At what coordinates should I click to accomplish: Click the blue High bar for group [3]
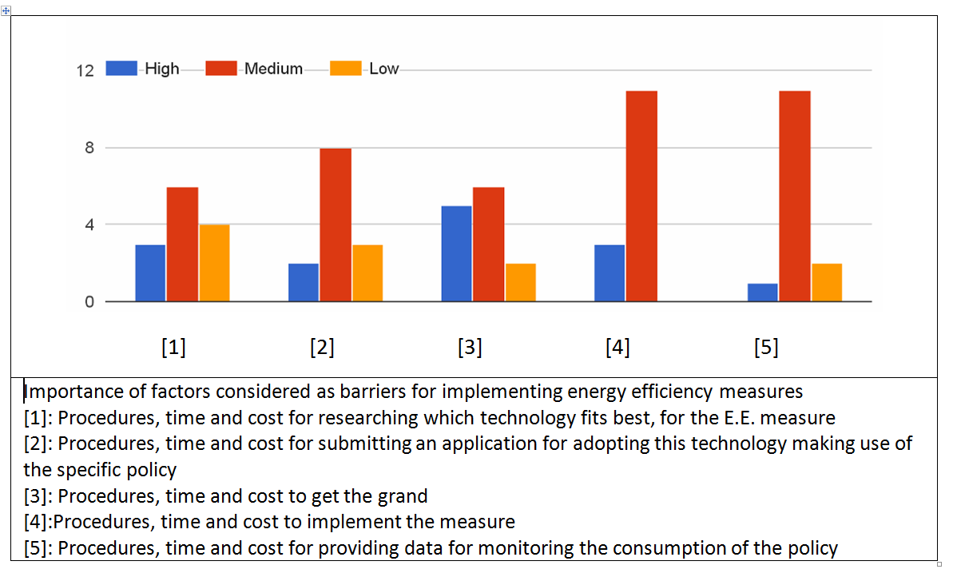tap(456, 253)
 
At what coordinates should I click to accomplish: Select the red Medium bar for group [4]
tap(641, 196)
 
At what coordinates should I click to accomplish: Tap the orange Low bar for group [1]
tap(214, 263)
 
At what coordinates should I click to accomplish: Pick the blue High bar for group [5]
tap(763, 292)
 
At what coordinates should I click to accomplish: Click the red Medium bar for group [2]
tap(336, 225)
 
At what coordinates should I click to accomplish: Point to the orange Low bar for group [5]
tap(827, 282)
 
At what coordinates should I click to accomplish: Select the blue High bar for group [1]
tap(150, 273)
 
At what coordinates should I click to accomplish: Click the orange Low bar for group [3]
tap(520, 282)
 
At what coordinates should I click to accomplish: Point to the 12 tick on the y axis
tap(85, 71)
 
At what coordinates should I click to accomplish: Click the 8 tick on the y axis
tap(89, 148)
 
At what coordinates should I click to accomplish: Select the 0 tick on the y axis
tap(89, 302)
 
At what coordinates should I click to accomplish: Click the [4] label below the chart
tap(617, 348)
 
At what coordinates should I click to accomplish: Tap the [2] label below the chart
tap(322, 348)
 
